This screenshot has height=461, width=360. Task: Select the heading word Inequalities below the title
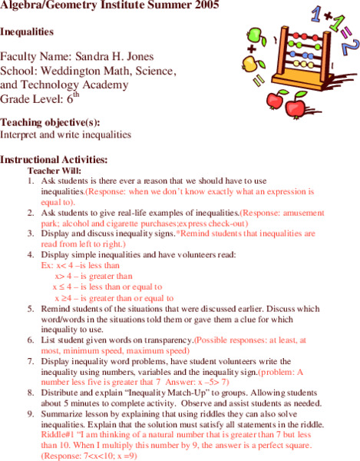27,33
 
